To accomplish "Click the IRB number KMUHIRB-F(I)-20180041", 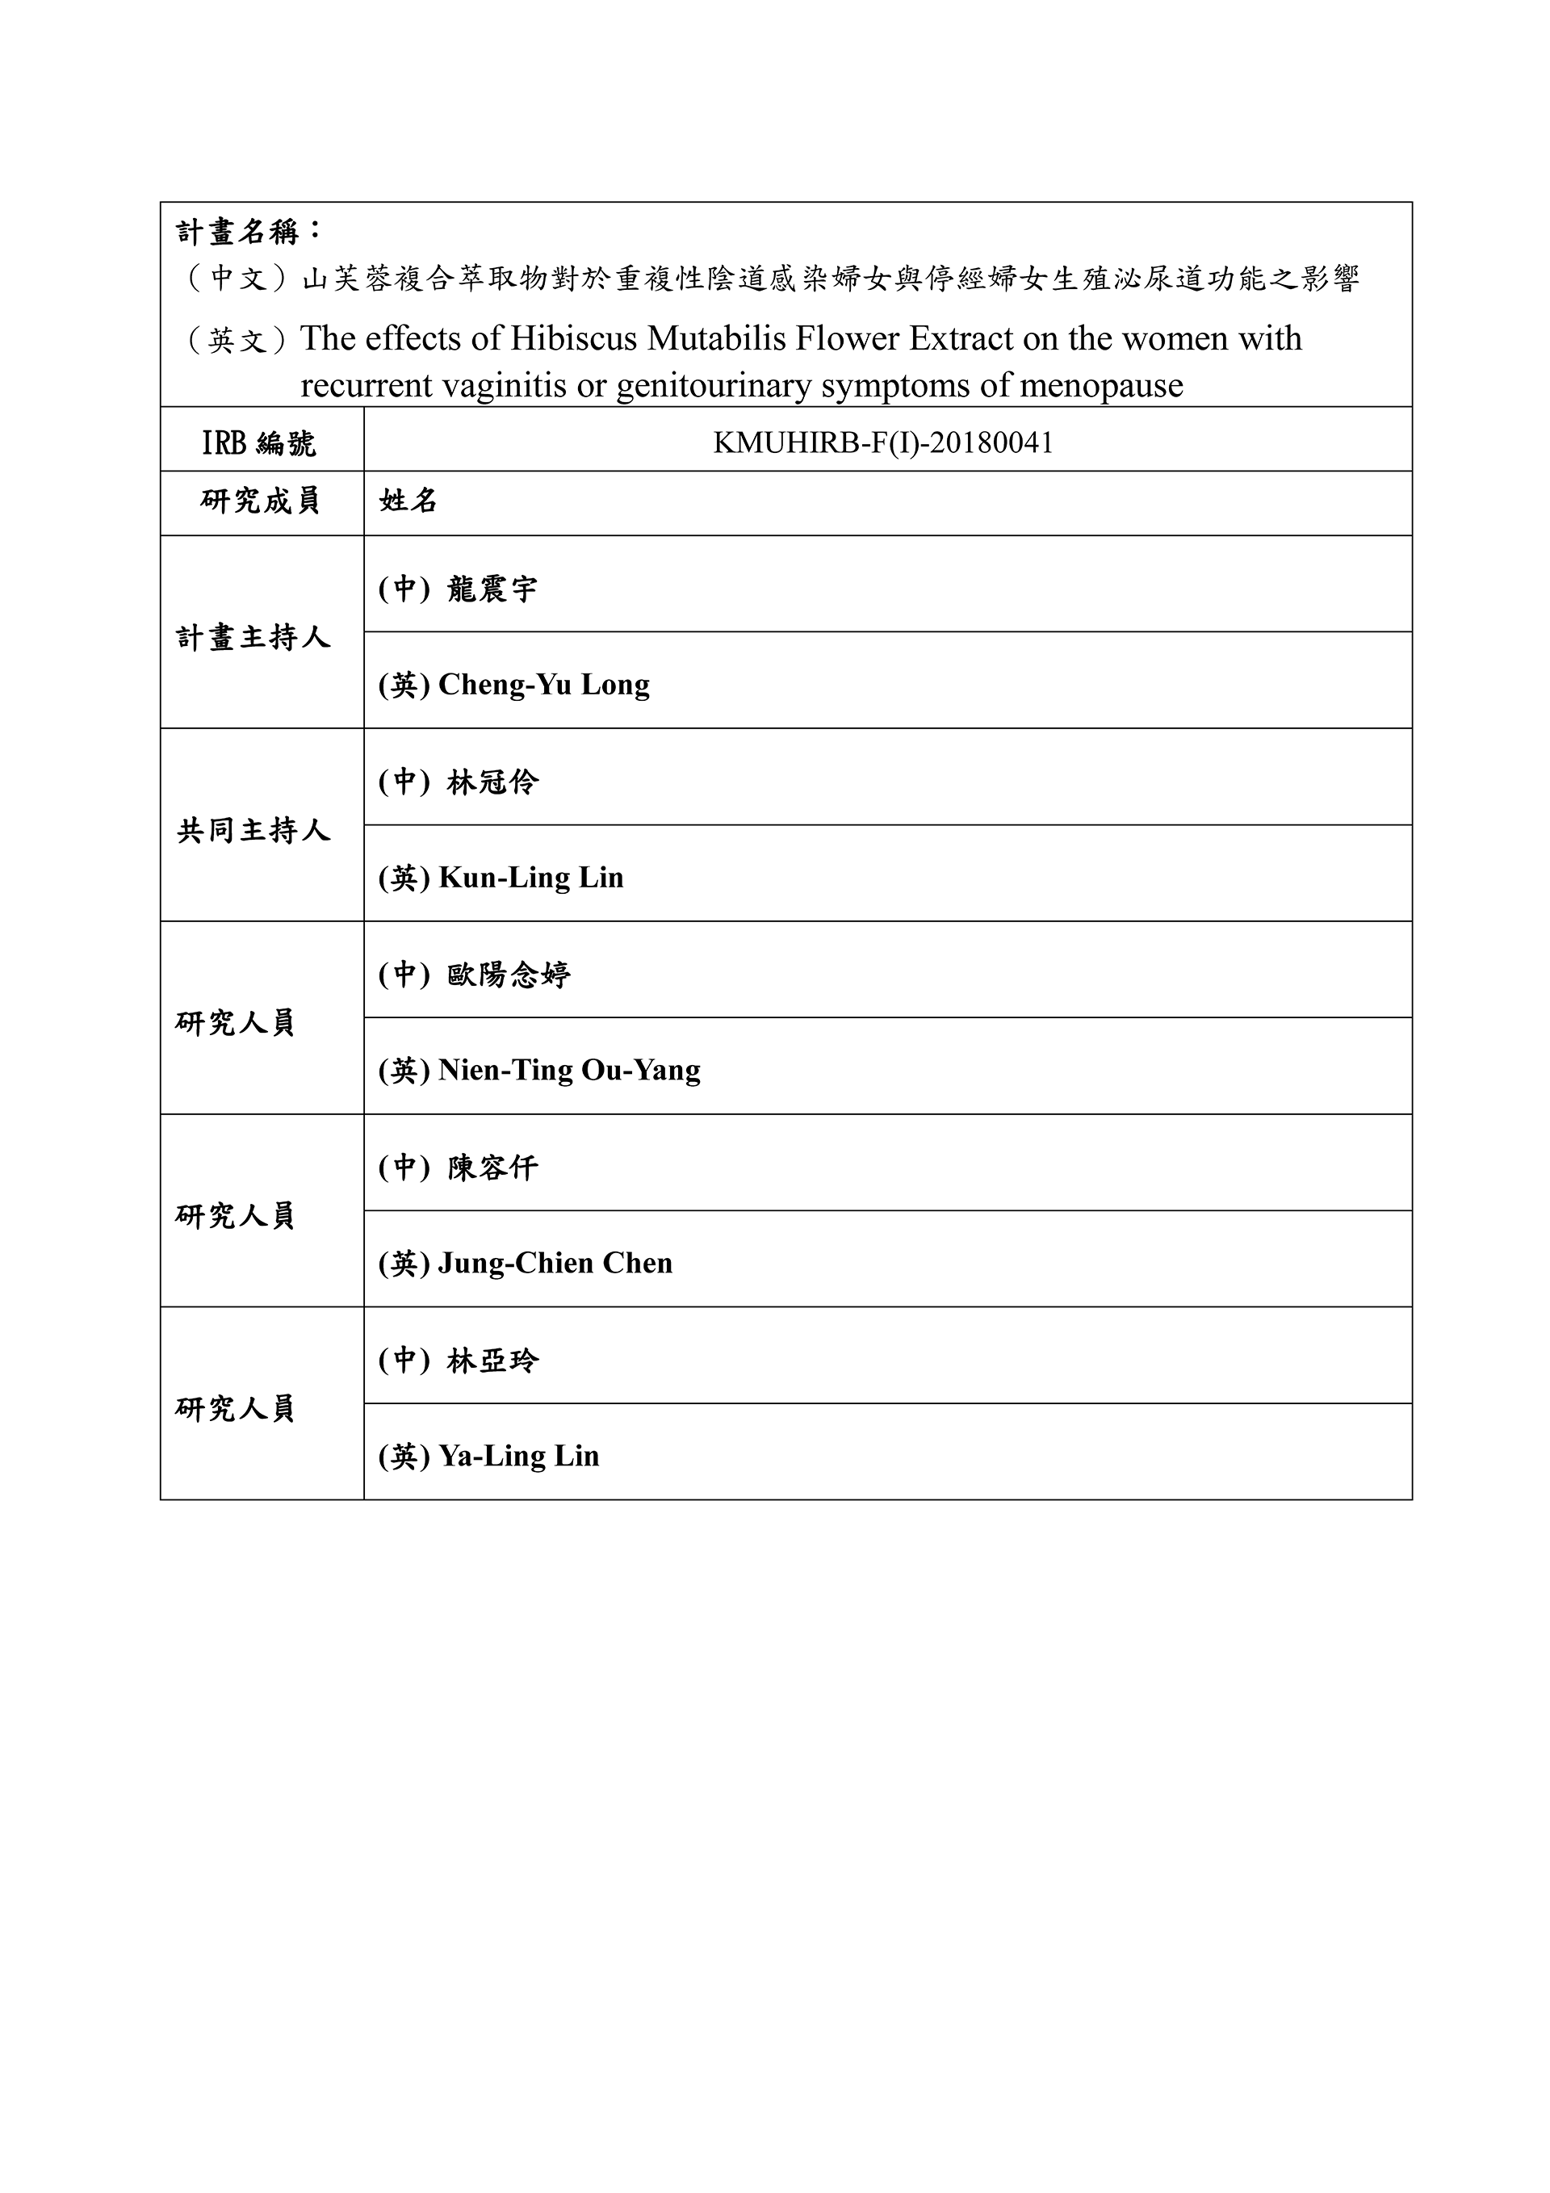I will tap(882, 442).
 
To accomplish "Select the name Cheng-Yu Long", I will tap(543, 684).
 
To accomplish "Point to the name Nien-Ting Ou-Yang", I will tap(569, 1070).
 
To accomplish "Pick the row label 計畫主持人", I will tap(253, 637).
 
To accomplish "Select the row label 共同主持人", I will tap(253, 830).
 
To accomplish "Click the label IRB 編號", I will tap(258, 442).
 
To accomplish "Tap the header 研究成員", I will tap(260, 501).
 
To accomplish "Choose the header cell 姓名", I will tap(408, 501).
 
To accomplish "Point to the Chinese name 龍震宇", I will tap(492, 589).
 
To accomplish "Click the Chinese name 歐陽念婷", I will tap(508, 975).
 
